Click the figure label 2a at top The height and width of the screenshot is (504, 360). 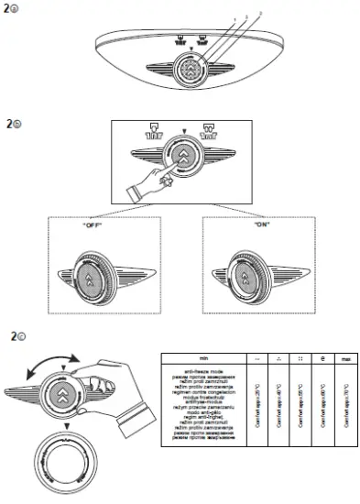pyautogui.click(x=13, y=10)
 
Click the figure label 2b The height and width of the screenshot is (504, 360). pyautogui.click(x=13, y=122)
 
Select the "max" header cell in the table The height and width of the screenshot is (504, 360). pyautogui.click(x=342, y=358)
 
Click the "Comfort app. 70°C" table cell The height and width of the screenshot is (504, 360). pyautogui.click(x=342, y=400)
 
